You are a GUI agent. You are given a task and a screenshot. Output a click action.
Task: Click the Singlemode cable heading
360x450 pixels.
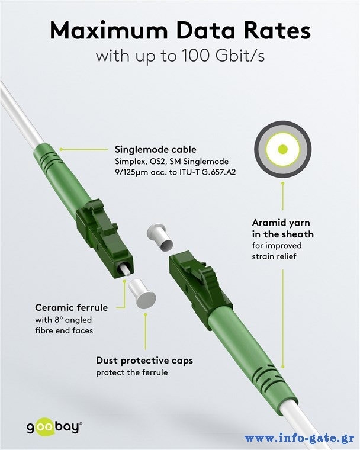(x=156, y=150)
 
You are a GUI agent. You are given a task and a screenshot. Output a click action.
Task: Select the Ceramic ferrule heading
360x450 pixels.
(x=72, y=308)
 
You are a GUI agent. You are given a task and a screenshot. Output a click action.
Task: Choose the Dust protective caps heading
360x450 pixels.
(x=144, y=361)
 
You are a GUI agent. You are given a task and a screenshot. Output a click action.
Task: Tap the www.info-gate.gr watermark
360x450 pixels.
(x=299, y=439)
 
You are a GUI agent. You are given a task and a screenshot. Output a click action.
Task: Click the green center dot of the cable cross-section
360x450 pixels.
(x=283, y=149)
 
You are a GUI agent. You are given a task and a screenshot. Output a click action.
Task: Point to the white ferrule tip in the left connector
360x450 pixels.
(x=124, y=271)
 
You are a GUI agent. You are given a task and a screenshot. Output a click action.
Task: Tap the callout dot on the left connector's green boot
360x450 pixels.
(x=61, y=150)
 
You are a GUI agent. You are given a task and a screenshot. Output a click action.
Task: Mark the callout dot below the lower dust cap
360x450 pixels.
(x=146, y=314)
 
